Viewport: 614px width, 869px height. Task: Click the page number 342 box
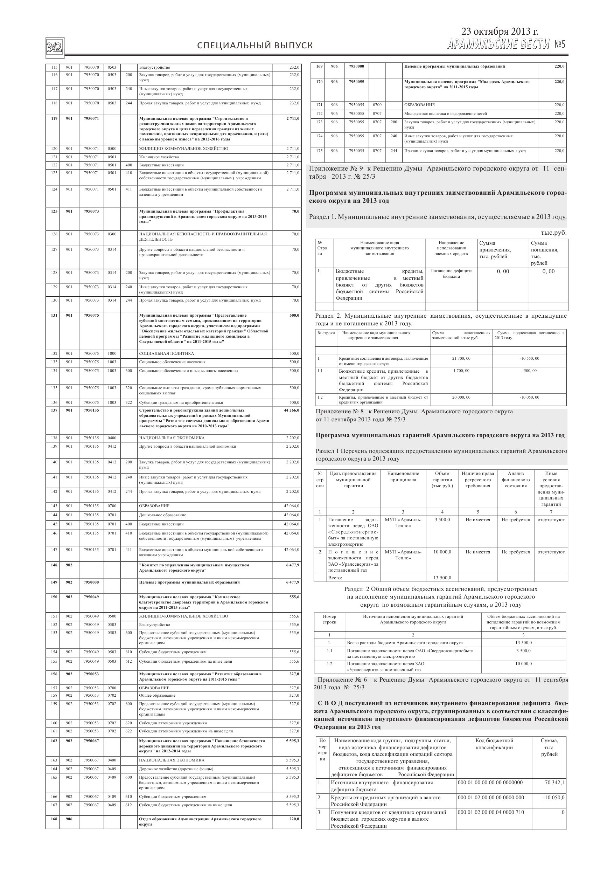[x=55, y=48]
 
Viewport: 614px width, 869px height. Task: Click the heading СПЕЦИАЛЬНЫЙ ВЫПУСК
[x=255, y=46]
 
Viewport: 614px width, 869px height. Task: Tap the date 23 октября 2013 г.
[x=500, y=32]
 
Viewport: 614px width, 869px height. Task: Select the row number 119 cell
[x=54, y=118]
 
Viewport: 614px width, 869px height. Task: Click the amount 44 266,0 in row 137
[x=291, y=410]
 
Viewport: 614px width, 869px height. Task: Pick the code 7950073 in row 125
[x=91, y=211]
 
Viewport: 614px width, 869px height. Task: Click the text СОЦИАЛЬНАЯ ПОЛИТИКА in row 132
[x=167, y=353]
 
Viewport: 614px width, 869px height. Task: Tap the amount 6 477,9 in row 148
[x=292, y=565]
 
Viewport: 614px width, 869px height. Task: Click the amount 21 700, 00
[x=461, y=358]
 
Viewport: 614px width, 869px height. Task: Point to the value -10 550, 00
[x=529, y=358]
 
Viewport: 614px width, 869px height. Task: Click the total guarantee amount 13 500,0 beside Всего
[x=442, y=578]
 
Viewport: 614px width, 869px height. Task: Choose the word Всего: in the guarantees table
[x=335, y=578]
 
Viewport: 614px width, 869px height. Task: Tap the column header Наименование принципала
[x=403, y=476]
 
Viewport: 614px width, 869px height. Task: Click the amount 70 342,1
[x=554, y=783]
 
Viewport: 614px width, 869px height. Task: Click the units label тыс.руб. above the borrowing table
[x=553, y=233]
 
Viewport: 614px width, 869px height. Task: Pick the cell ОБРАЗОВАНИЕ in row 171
[x=419, y=105]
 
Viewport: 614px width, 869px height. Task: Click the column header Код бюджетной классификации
[x=494, y=744]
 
